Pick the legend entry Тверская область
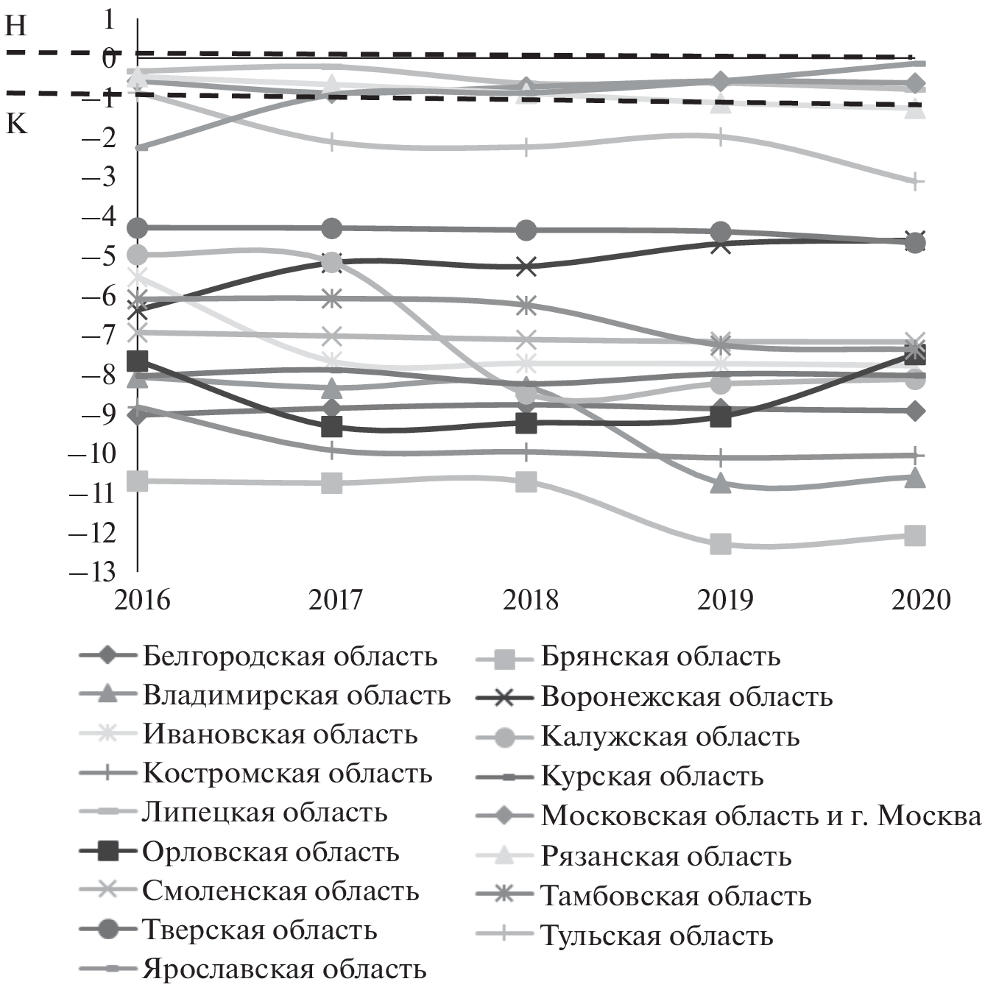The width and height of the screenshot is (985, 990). pos(259,930)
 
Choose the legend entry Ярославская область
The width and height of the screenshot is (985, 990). pos(284,969)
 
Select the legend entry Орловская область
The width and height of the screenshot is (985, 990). pos(270,852)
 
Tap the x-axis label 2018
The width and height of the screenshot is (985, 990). pos(530,600)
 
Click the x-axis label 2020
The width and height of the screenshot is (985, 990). pos(921,600)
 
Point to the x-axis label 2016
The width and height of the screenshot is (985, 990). pos(142,600)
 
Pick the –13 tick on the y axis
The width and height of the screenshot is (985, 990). pos(91,571)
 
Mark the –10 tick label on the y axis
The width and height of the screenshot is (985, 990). pos(91,453)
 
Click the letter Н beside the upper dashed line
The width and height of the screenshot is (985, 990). pos(16,26)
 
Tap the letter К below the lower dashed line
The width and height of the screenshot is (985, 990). pos(16,124)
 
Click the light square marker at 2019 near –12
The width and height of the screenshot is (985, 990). pos(720,545)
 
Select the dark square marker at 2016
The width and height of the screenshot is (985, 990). pos(138,361)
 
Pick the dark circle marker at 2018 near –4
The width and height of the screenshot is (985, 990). pos(526,230)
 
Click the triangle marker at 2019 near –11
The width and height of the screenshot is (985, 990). pos(720,484)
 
